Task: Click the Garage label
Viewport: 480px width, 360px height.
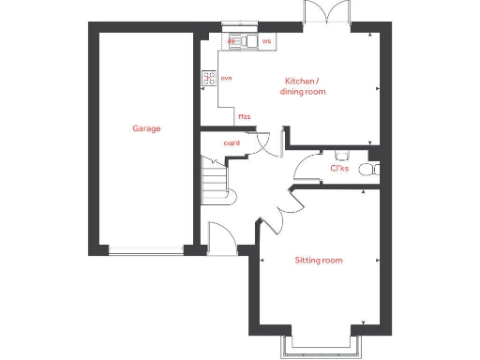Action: click(145, 128)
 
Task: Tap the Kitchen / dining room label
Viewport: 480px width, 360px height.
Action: click(303, 86)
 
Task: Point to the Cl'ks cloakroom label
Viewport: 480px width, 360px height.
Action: click(339, 170)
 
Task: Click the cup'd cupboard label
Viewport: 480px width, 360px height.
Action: click(232, 143)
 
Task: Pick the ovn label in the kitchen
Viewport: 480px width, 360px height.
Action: click(226, 78)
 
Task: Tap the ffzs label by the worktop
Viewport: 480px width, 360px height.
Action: click(244, 117)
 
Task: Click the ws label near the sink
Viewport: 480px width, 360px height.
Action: click(266, 42)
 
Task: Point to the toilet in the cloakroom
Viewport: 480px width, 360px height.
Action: click(375, 170)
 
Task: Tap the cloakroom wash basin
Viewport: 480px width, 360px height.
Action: click(341, 154)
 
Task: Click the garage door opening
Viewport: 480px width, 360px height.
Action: click(145, 250)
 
